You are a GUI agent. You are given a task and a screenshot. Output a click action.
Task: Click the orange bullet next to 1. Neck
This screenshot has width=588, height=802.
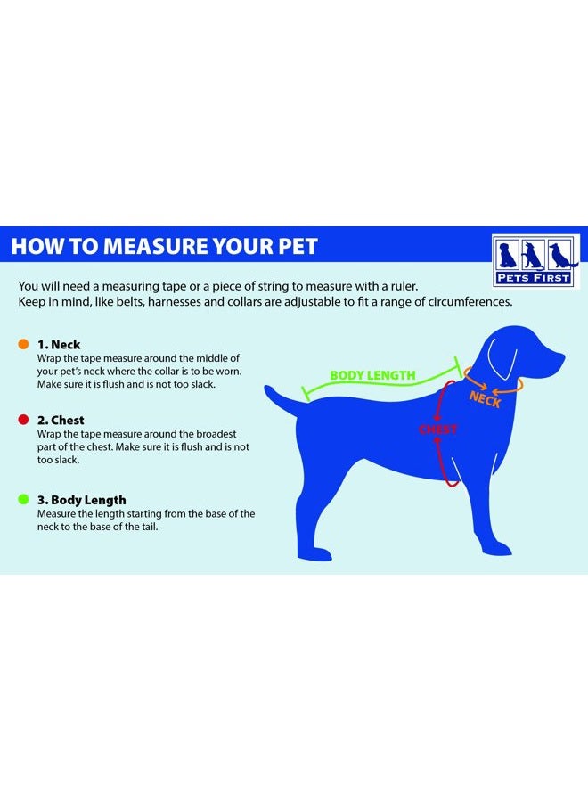point(22,344)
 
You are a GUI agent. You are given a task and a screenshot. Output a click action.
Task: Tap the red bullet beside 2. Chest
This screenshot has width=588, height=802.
point(22,420)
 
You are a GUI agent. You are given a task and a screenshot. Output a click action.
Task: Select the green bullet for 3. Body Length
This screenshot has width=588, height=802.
point(22,500)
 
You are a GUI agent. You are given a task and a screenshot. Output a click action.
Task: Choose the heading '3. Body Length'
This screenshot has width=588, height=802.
point(81,500)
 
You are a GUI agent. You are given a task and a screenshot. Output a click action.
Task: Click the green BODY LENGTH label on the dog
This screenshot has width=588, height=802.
point(372,375)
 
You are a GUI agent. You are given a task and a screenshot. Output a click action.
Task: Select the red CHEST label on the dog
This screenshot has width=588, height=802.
point(438,430)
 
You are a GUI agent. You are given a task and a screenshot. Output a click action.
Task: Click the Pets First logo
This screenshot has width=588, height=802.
point(535,261)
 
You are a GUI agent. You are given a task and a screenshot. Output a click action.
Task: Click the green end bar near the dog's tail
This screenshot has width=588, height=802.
point(306,390)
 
